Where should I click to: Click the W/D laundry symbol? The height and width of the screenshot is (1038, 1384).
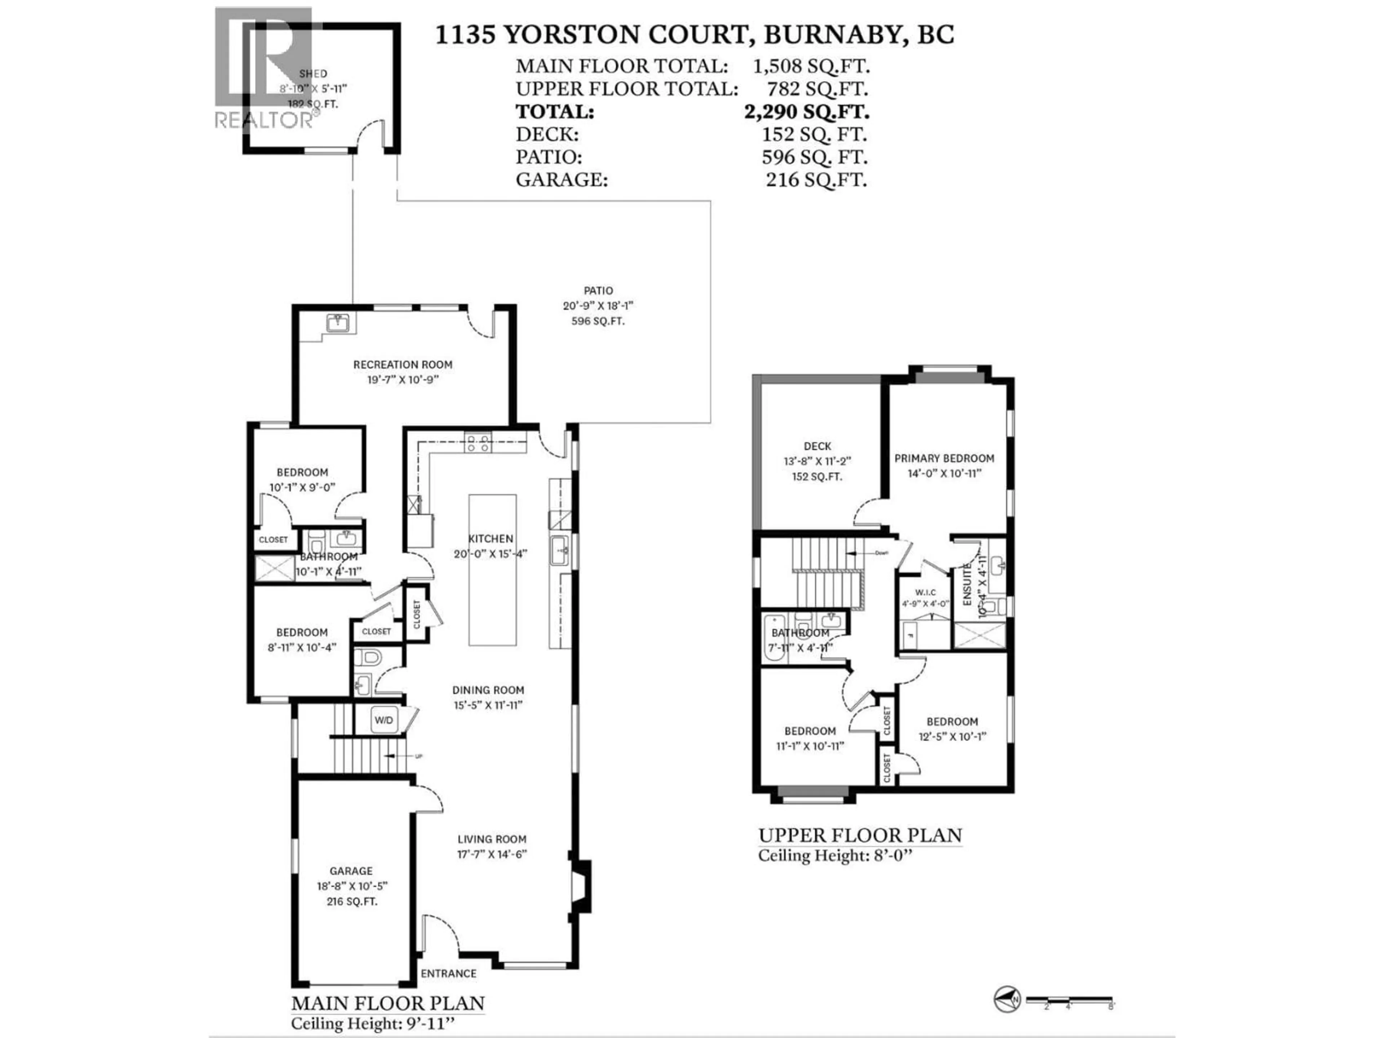(x=383, y=720)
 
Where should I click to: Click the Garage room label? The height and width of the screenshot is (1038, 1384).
(x=351, y=871)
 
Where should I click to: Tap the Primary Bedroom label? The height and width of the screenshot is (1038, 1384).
(x=944, y=458)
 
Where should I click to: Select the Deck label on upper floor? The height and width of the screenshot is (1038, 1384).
(x=817, y=447)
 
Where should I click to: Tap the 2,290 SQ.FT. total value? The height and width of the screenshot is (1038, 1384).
(x=807, y=112)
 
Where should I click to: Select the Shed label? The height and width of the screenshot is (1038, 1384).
(x=313, y=74)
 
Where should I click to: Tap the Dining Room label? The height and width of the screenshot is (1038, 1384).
(x=488, y=690)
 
